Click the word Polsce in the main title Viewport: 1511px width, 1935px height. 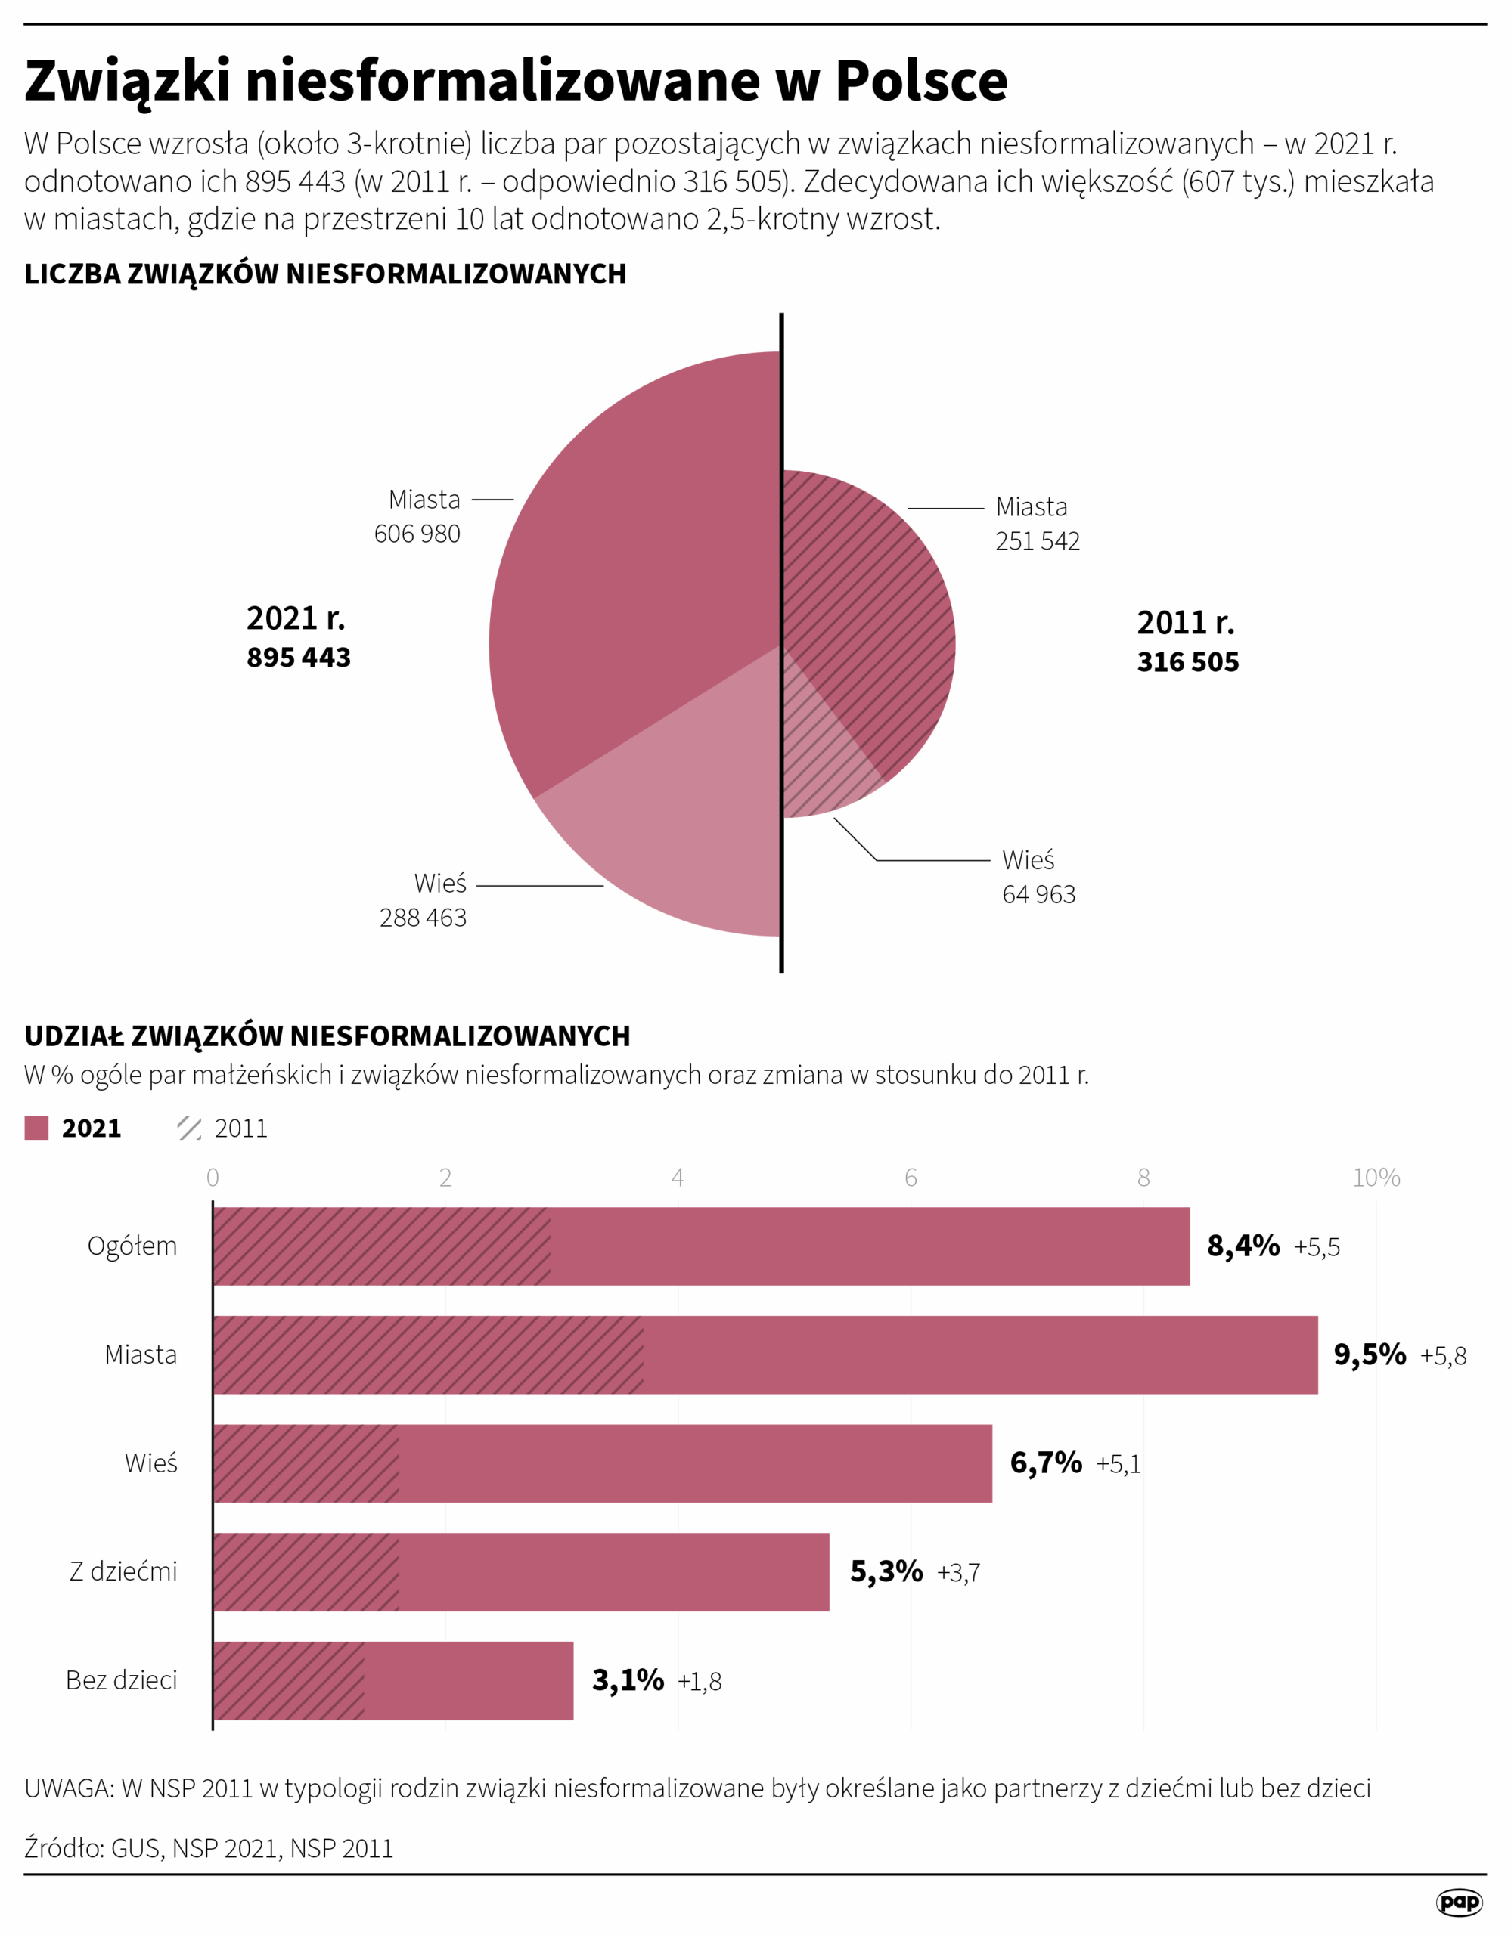[x=921, y=81]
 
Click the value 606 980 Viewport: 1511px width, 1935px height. [x=417, y=534]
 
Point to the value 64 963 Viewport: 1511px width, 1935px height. [x=1038, y=895]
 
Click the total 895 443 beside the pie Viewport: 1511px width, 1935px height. [x=299, y=658]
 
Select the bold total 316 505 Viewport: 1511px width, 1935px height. [x=1187, y=662]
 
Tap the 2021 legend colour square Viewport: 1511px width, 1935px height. [x=36, y=1128]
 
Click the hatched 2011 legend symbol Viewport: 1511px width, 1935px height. [x=189, y=1128]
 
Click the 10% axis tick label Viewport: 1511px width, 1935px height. [x=1376, y=1178]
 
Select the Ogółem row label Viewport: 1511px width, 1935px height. [x=132, y=1246]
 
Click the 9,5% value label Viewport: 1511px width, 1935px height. [x=1370, y=1354]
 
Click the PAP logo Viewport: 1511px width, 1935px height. [x=1459, y=1901]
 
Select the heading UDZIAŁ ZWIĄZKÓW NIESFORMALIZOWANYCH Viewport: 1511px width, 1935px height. [x=327, y=1036]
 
